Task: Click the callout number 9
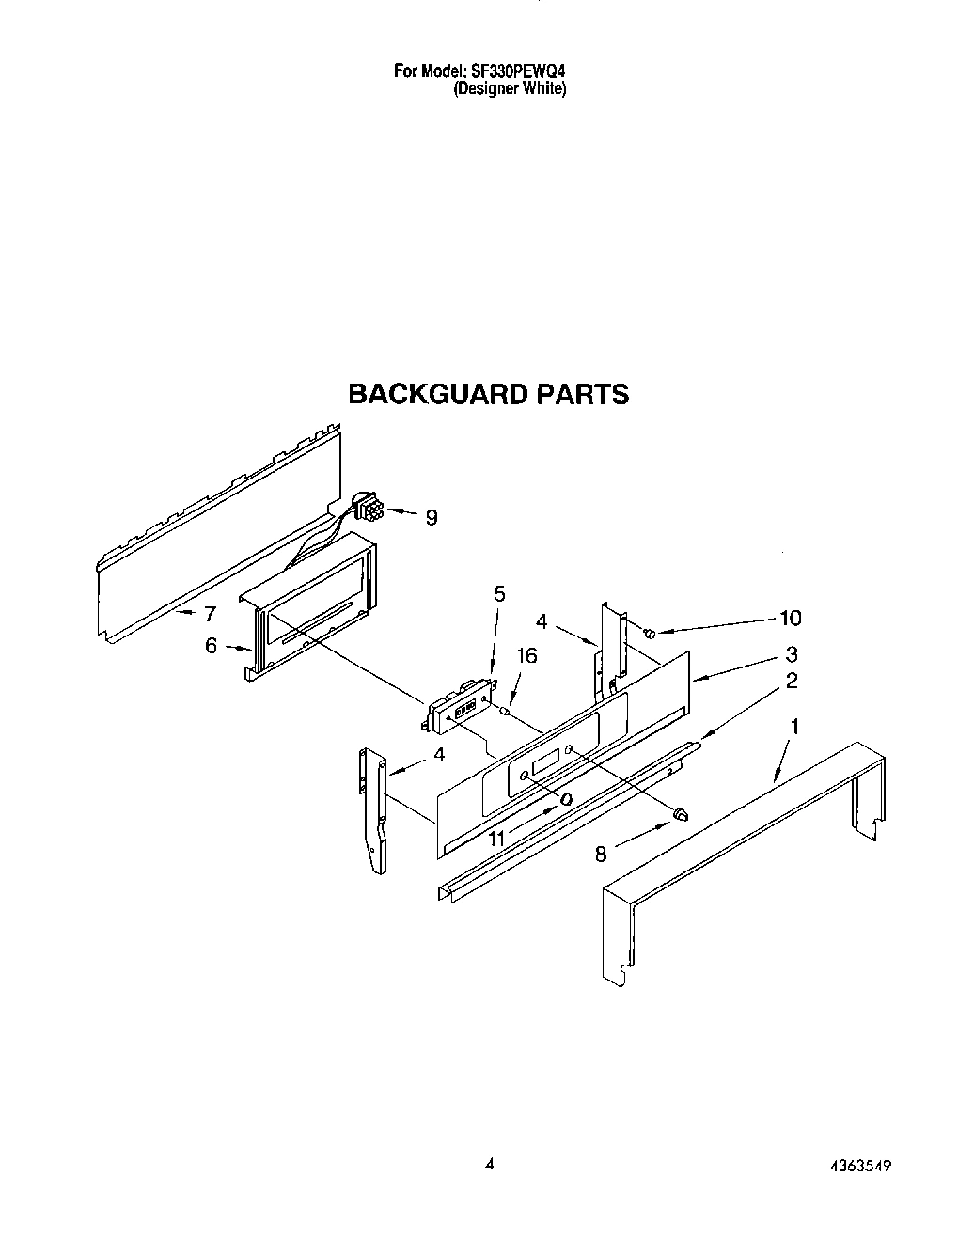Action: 432,517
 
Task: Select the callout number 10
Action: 791,618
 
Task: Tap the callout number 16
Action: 526,655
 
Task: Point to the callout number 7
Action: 210,614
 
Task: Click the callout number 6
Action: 211,646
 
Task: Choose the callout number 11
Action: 496,837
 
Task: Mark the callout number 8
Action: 601,854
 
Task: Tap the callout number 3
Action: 792,654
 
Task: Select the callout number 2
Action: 792,681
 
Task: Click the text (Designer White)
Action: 510,89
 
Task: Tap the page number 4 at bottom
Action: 489,1164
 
